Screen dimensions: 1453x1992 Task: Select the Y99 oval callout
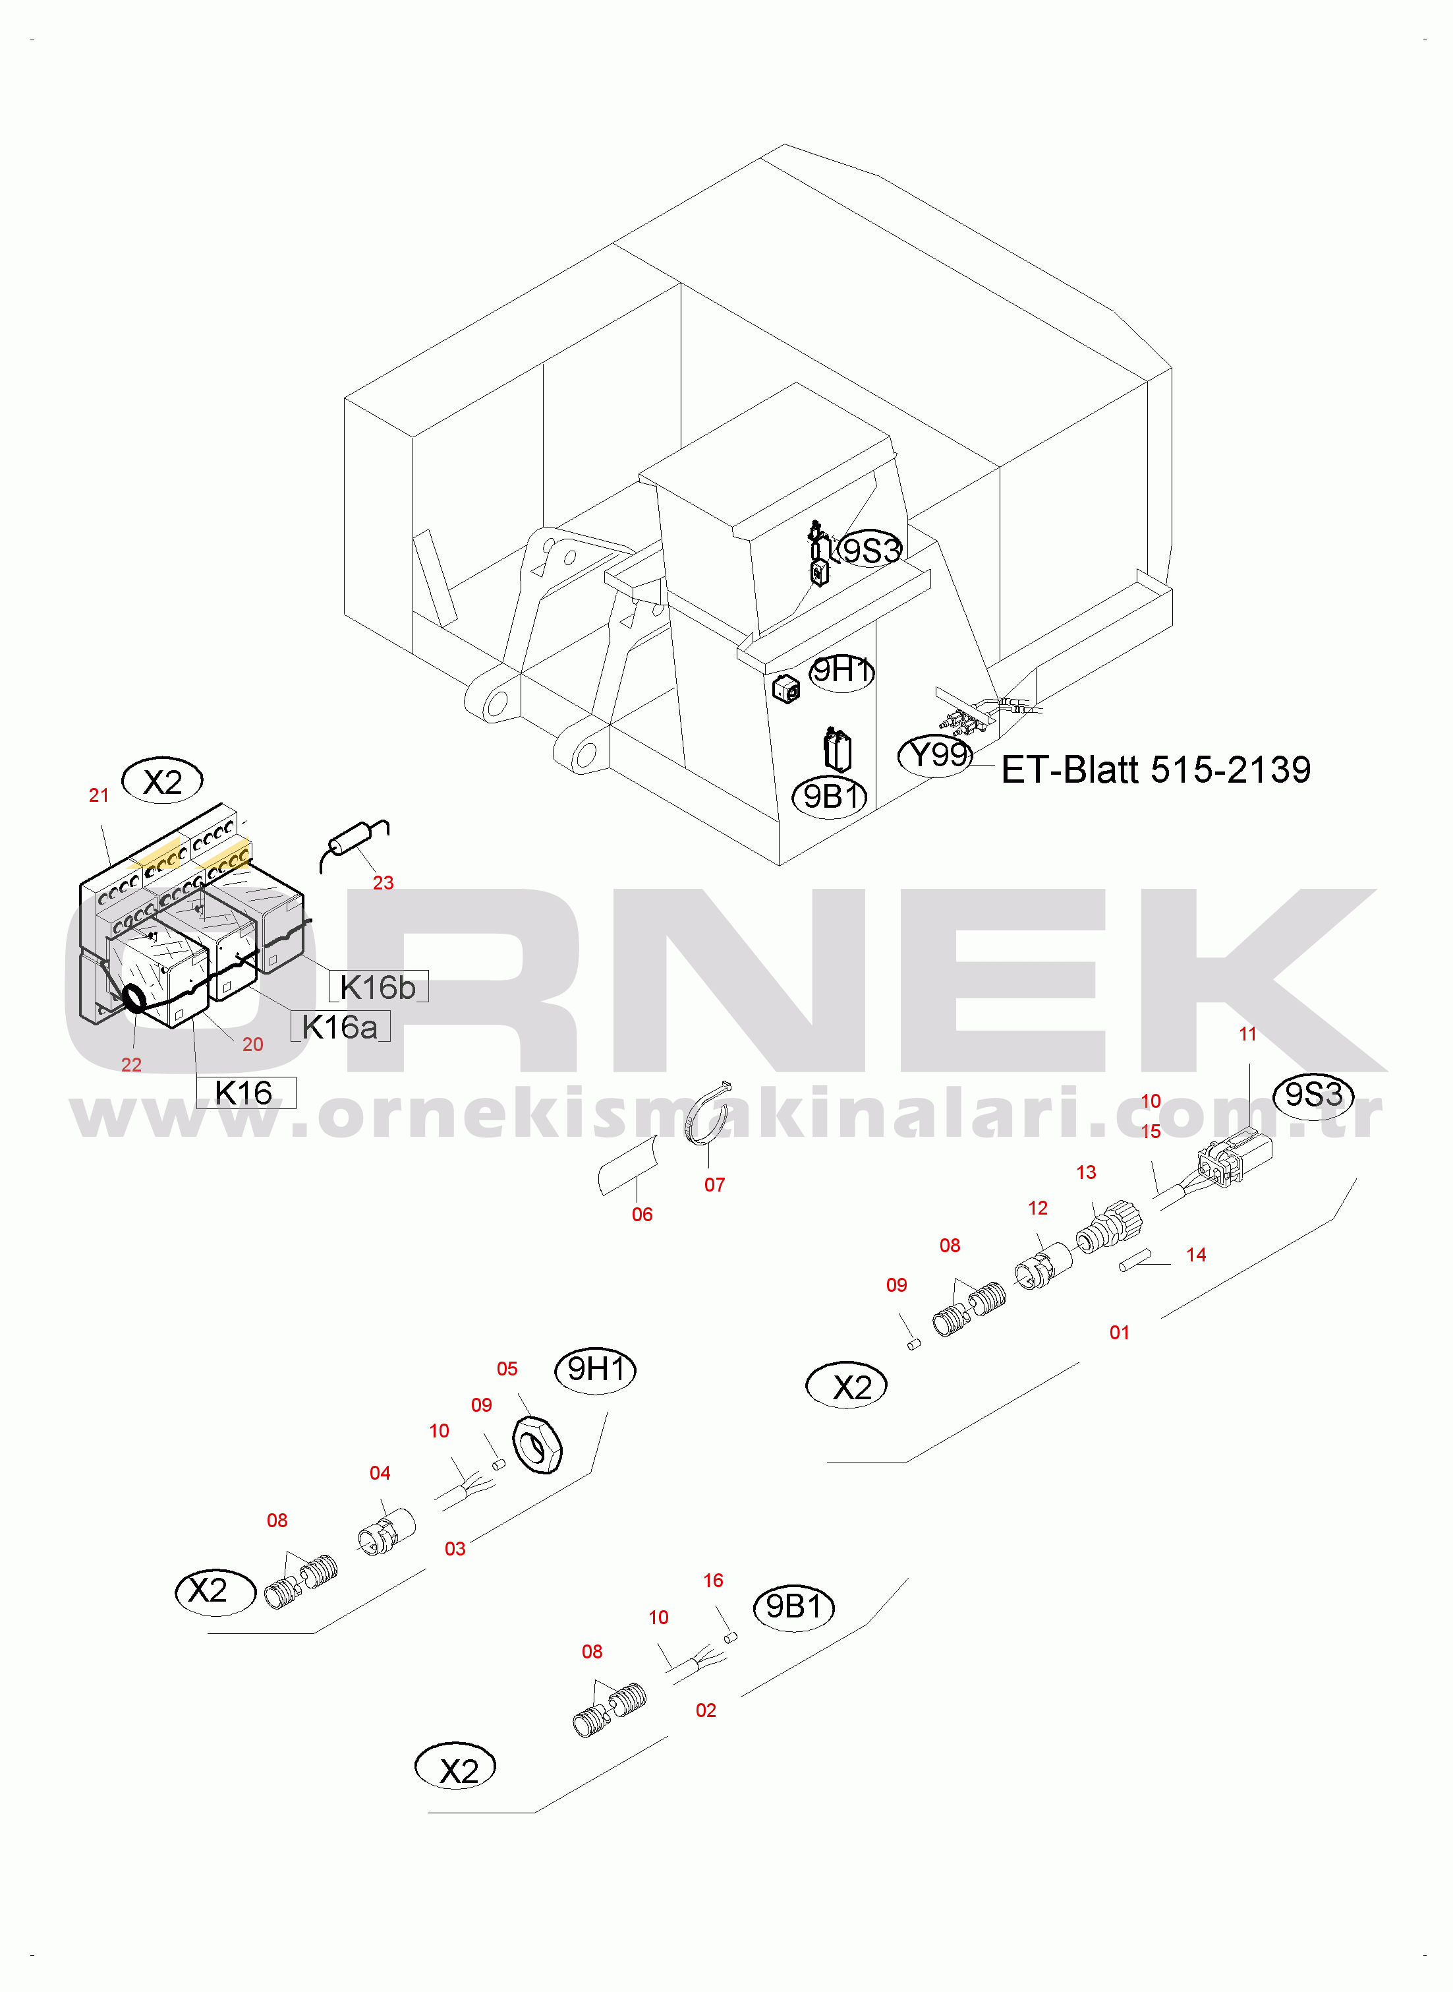[936, 755]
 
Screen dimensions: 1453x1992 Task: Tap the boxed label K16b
[378, 987]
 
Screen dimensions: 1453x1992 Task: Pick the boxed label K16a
[339, 1027]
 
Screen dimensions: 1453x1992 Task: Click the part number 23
[383, 882]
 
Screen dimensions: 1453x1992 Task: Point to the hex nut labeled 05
[536, 1445]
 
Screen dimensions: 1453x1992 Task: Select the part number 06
[642, 1214]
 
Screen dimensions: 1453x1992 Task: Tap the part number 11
[1247, 1034]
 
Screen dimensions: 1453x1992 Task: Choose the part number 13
[1086, 1172]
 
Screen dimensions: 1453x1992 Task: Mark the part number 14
[1195, 1255]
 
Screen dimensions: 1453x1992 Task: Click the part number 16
[713, 1581]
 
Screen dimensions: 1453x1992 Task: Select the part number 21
[98, 795]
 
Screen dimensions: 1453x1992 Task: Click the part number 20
[252, 1044]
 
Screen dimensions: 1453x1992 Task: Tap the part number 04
[380, 1473]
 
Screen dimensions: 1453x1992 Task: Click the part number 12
[1038, 1208]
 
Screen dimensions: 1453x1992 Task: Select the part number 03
[455, 1548]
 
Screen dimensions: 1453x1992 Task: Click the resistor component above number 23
[354, 841]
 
